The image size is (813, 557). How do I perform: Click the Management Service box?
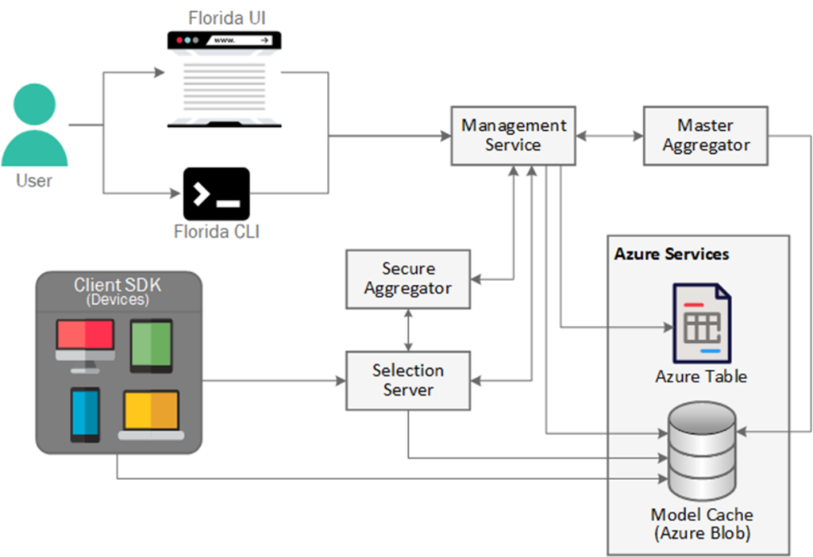(514, 136)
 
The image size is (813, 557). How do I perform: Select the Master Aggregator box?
(706, 136)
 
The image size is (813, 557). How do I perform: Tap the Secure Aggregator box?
(407, 278)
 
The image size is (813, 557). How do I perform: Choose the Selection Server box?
(407, 381)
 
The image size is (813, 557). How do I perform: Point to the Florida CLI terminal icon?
(216, 194)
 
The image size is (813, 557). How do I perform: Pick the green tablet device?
(151, 345)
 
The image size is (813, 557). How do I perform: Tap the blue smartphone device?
(85, 413)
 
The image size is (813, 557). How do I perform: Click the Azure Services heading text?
(672, 255)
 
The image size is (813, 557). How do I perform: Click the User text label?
(34, 181)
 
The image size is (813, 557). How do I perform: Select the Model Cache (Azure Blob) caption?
(700, 524)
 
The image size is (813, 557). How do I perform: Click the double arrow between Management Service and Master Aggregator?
(609, 136)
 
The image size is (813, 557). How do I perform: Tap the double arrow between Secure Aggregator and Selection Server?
(408, 330)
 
